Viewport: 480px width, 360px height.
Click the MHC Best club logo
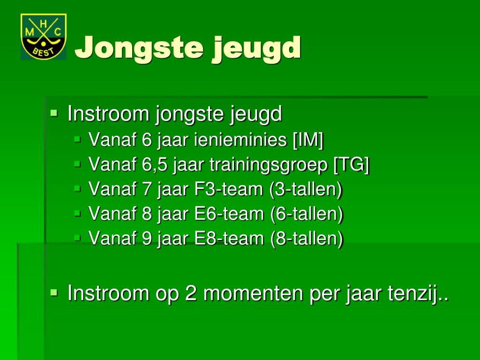click(43, 37)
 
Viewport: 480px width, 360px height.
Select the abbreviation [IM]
click(308, 140)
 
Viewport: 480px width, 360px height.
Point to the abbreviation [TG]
click(351, 165)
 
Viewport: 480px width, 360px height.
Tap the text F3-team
click(229, 189)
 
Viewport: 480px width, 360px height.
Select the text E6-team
click(230, 214)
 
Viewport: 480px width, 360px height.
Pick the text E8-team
click(230, 239)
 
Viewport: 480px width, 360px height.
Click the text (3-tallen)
click(306, 189)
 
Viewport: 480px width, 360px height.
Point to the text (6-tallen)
click(307, 214)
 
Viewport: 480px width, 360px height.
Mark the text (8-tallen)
click(307, 239)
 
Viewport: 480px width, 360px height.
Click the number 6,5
click(155, 165)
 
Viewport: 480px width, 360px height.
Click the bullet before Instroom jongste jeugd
click(54, 112)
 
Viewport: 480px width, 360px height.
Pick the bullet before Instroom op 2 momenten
click(54, 292)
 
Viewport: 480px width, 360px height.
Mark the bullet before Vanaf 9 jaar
click(78, 238)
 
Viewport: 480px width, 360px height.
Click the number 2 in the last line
click(191, 293)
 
